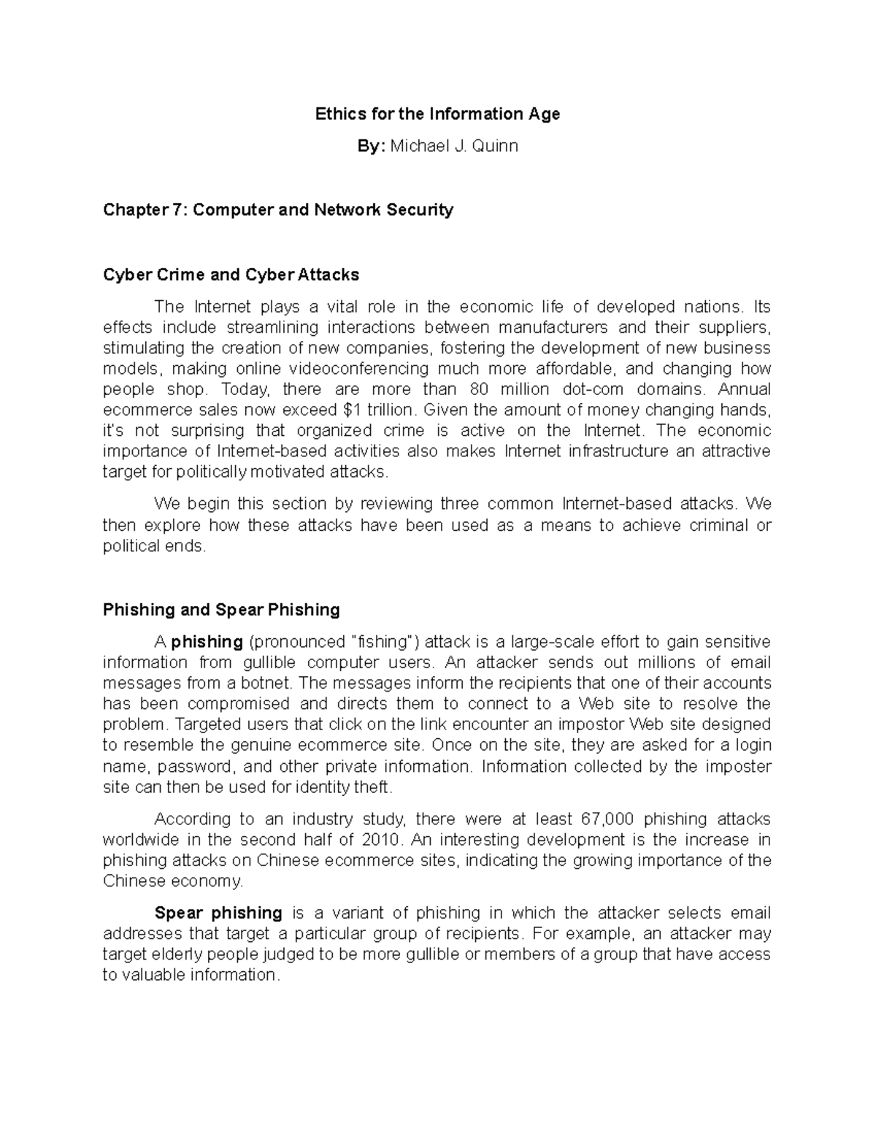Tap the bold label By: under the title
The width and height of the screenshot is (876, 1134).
(370, 146)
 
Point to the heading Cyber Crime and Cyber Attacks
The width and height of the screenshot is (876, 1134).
(231, 275)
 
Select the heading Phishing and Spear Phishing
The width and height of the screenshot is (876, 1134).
(221, 610)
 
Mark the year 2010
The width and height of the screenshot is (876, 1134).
(383, 840)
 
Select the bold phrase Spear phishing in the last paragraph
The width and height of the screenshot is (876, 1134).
(218, 913)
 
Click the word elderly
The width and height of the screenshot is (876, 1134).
(177, 954)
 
